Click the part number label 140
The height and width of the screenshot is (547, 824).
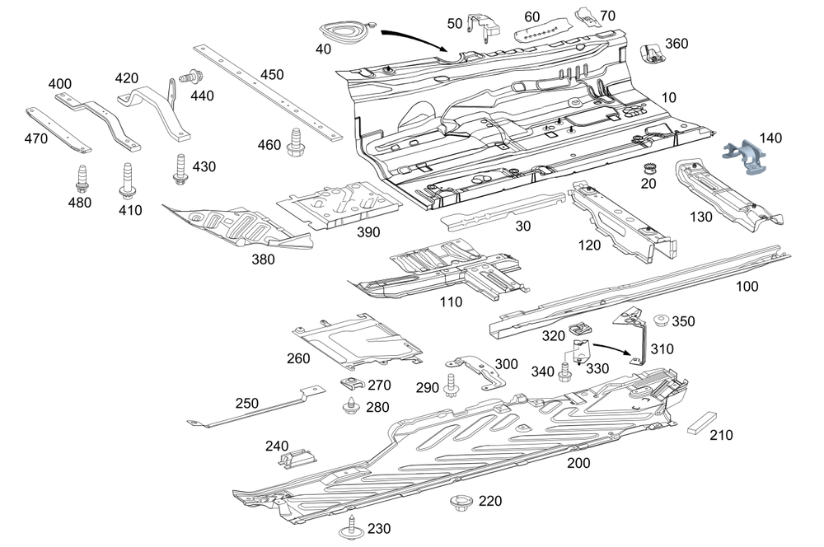point(770,138)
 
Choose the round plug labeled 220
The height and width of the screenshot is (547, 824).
point(460,502)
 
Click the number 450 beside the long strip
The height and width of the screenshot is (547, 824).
point(272,75)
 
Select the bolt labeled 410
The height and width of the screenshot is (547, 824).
point(128,181)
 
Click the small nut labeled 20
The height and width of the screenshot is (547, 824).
point(648,170)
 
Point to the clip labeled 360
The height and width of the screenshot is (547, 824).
point(653,51)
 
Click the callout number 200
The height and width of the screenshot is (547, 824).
point(578,463)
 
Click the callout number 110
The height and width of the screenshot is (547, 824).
point(451,302)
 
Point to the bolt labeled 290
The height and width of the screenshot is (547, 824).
point(451,385)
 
